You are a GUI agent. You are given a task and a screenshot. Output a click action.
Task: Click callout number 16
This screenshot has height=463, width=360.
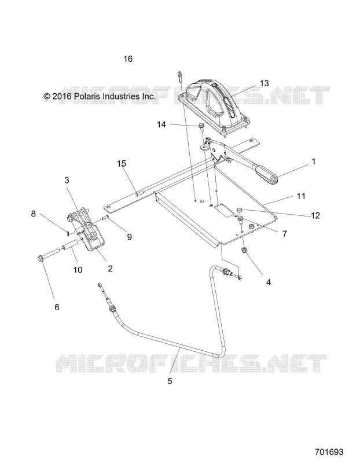coord(128,59)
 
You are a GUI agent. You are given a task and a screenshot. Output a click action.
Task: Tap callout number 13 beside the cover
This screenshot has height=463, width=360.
coord(265,83)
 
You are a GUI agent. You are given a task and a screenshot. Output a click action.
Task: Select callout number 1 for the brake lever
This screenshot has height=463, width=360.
coord(314,161)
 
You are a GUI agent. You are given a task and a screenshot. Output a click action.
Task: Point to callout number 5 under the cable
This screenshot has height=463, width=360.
coord(170,381)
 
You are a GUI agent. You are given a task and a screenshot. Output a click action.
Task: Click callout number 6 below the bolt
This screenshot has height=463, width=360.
coord(57,307)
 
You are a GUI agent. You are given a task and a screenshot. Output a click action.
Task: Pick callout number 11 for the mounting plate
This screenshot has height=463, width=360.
coord(300,196)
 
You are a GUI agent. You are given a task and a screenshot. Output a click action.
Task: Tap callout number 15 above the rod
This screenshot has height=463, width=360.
coord(122,163)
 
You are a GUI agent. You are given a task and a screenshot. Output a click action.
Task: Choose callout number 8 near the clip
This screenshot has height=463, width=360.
coord(34,214)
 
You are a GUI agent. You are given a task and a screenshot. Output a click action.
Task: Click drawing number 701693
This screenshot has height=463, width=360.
coord(329,452)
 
